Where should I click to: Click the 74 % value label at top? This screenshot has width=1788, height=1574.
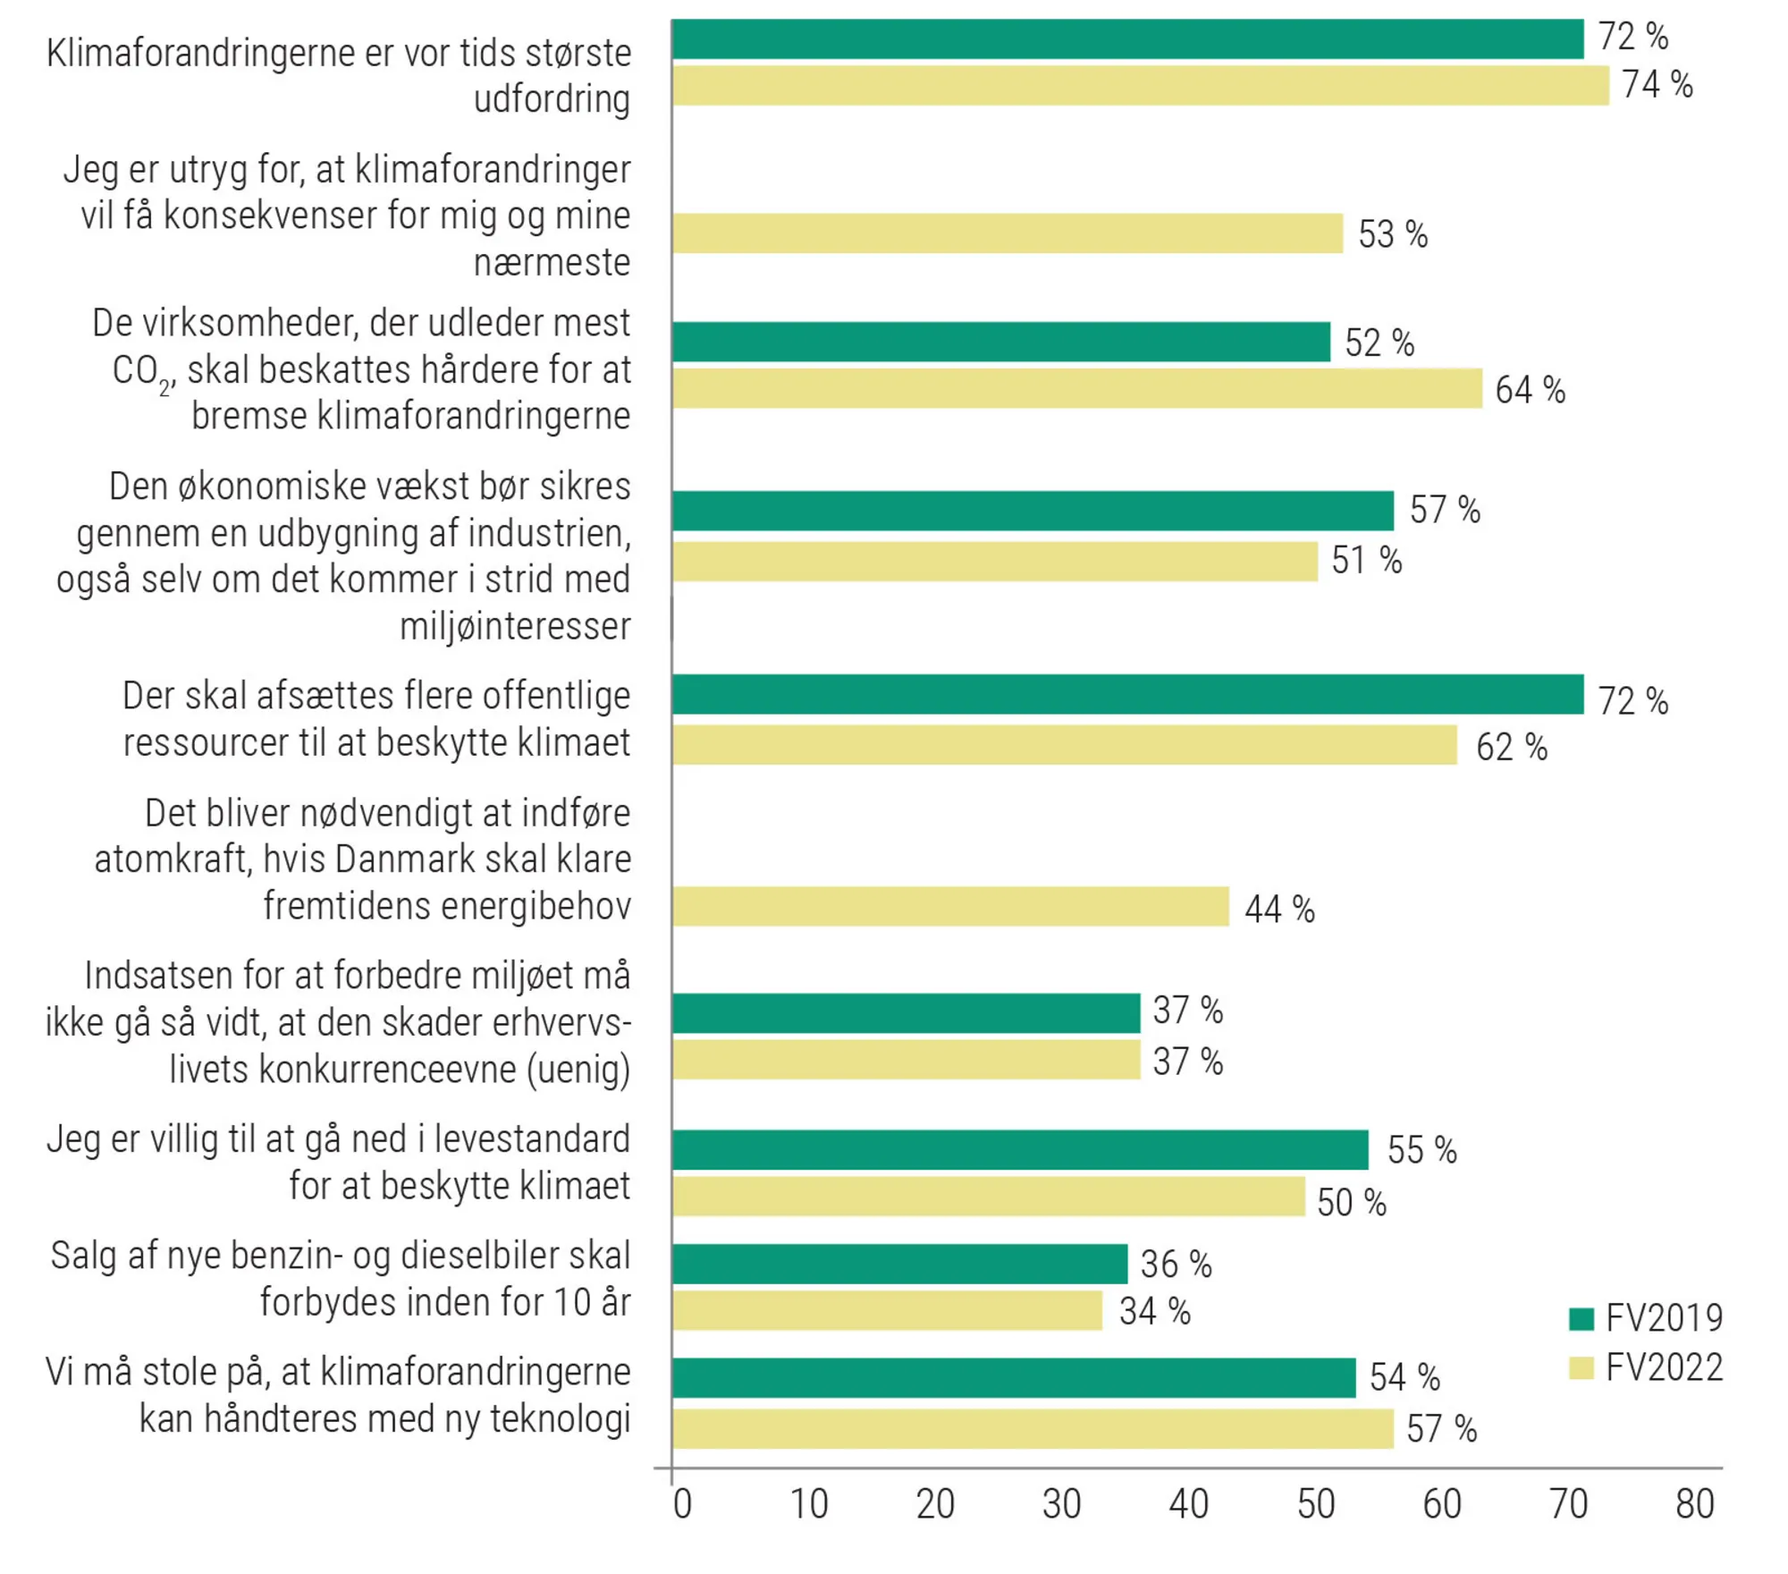1657,85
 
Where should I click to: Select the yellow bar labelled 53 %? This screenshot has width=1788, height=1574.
1007,233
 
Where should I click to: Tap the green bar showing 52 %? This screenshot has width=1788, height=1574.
1000,343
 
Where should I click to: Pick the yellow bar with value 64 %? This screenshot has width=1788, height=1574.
1076,389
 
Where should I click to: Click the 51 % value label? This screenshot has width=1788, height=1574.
1366,561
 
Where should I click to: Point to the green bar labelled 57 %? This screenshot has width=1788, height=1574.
1033,511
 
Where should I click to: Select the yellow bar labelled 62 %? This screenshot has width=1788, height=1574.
1064,745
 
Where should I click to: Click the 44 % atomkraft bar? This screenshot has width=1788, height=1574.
950,907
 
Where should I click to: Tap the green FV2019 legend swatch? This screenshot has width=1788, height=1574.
1581,1319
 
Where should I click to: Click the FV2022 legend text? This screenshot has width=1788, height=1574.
1664,1368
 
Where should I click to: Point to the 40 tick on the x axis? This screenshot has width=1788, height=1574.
1188,1504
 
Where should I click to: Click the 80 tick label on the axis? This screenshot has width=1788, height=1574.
1694,1504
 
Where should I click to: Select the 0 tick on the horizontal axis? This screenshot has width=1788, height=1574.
682,1504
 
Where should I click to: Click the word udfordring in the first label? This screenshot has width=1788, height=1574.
552,99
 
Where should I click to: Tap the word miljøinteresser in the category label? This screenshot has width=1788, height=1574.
515,626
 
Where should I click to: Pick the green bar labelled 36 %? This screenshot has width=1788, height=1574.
899,1264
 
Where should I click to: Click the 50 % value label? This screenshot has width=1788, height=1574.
1351,1203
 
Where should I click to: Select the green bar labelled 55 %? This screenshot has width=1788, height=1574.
1020,1150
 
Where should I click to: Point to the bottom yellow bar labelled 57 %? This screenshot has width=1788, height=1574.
1033,1428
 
